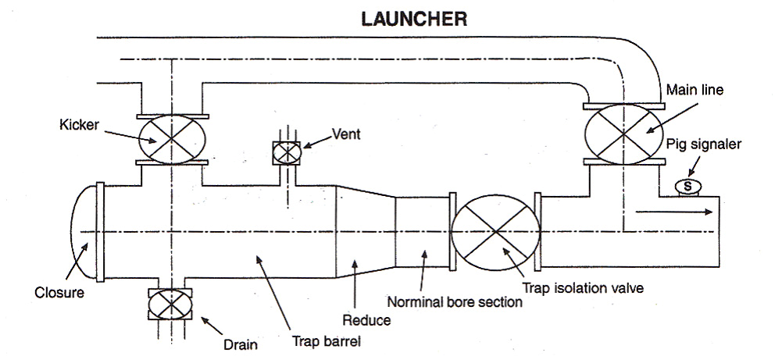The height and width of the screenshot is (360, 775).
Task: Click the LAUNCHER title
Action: coord(413,19)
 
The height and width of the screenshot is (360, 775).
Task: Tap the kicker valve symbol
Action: coord(171,139)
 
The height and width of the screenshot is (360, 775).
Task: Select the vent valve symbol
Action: coord(287,153)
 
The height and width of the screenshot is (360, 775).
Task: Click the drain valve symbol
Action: coord(170,304)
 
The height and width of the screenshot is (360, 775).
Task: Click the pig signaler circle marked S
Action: coord(687,186)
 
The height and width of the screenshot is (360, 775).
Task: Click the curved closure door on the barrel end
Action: coord(83,233)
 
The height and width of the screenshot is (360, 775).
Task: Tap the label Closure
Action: coord(60,293)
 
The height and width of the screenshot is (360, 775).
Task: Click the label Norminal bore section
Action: coord(455,301)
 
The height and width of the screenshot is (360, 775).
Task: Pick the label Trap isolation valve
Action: coord(583,287)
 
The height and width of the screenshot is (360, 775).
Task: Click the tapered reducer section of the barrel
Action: coord(363,231)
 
